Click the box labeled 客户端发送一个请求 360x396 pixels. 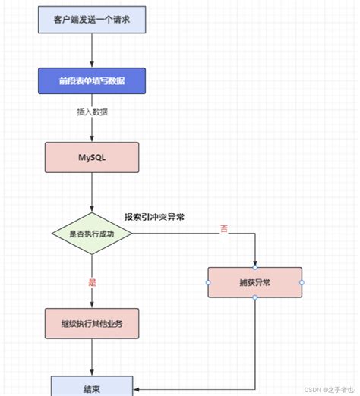coord(91,18)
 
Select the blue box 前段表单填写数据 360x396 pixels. coord(91,82)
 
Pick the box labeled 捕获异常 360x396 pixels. coord(254,281)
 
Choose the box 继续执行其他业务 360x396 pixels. coord(92,324)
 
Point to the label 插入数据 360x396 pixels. coord(91,112)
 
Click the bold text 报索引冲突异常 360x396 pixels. coord(155,217)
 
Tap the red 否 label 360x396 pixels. coord(224,229)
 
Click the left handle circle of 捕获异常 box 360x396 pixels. coord(208,282)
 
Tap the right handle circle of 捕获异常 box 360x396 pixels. coord(302,282)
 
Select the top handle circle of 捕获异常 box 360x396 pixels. coord(254,267)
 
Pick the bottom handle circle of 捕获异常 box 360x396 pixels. coord(254,297)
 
